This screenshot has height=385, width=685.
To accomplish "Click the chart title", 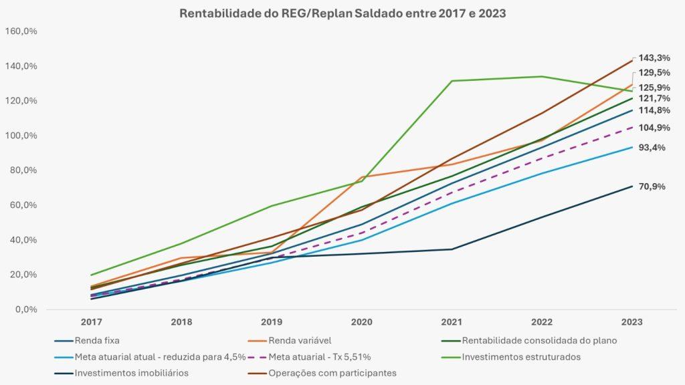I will click(x=342, y=13).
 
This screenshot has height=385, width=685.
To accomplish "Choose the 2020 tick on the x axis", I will click(x=361, y=322).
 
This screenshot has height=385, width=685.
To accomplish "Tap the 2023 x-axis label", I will click(x=631, y=322).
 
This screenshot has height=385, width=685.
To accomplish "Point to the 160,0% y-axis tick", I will click(x=23, y=31).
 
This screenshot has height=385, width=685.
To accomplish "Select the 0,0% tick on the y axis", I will click(x=25, y=309).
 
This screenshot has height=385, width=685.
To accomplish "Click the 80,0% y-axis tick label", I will click(x=24, y=170).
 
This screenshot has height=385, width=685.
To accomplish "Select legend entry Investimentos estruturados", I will click(x=521, y=356).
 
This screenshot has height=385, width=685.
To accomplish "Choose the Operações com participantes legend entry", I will click(x=332, y=372).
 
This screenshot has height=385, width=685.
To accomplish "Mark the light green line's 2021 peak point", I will click(x=452, y=81).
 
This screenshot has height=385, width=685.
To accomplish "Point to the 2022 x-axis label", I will click(x=542, y=322).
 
